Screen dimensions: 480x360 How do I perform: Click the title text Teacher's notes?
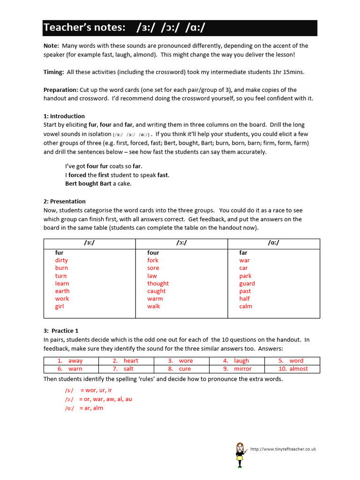pyautogui.click(x=84, y=28)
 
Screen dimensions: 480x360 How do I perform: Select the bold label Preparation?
pyautogui.click(x=61, y=90)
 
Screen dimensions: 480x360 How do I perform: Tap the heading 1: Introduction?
pyautogui.click(x=64, y=116)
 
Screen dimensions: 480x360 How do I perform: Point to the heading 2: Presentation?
pyautogui.click(x=65, y=201)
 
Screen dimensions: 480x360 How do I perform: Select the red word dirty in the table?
pyautogui.click(x=61, y=260)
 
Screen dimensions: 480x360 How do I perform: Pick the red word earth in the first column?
pyautogui.click(x=62, y=291)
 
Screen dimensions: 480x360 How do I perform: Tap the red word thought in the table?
pyautogui.click(x=158, y=284)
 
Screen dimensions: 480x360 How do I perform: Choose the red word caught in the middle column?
pyautogui.click(x=157, y=291)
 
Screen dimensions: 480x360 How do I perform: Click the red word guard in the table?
pyautogui.click(x=247, y=284)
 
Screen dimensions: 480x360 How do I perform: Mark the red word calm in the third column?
pyautogui.click(x=246, y=307)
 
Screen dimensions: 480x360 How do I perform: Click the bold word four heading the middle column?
pyautogui.click(x=153, y=253)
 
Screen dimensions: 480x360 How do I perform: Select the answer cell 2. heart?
pyautogui.click(x=126, y=361)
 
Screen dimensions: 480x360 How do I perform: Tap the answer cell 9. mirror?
pyautogui.click(x=237, y=369)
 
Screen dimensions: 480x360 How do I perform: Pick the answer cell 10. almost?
pyautogui.click(x=292, y=369)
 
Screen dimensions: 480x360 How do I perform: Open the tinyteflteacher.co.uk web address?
pyautogui.click(x=283, y=449)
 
